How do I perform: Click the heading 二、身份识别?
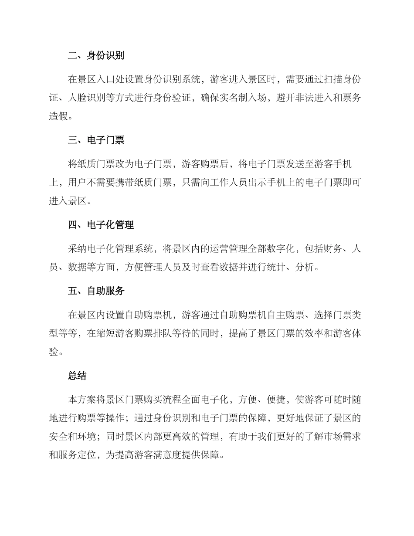pos(96,56)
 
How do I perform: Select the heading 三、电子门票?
pos(96,140)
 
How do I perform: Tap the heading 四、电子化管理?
pos(101,225)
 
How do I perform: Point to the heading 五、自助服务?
pos(96,291)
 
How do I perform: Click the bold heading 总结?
pos(77,376)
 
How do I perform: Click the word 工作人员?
pos(238,183)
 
